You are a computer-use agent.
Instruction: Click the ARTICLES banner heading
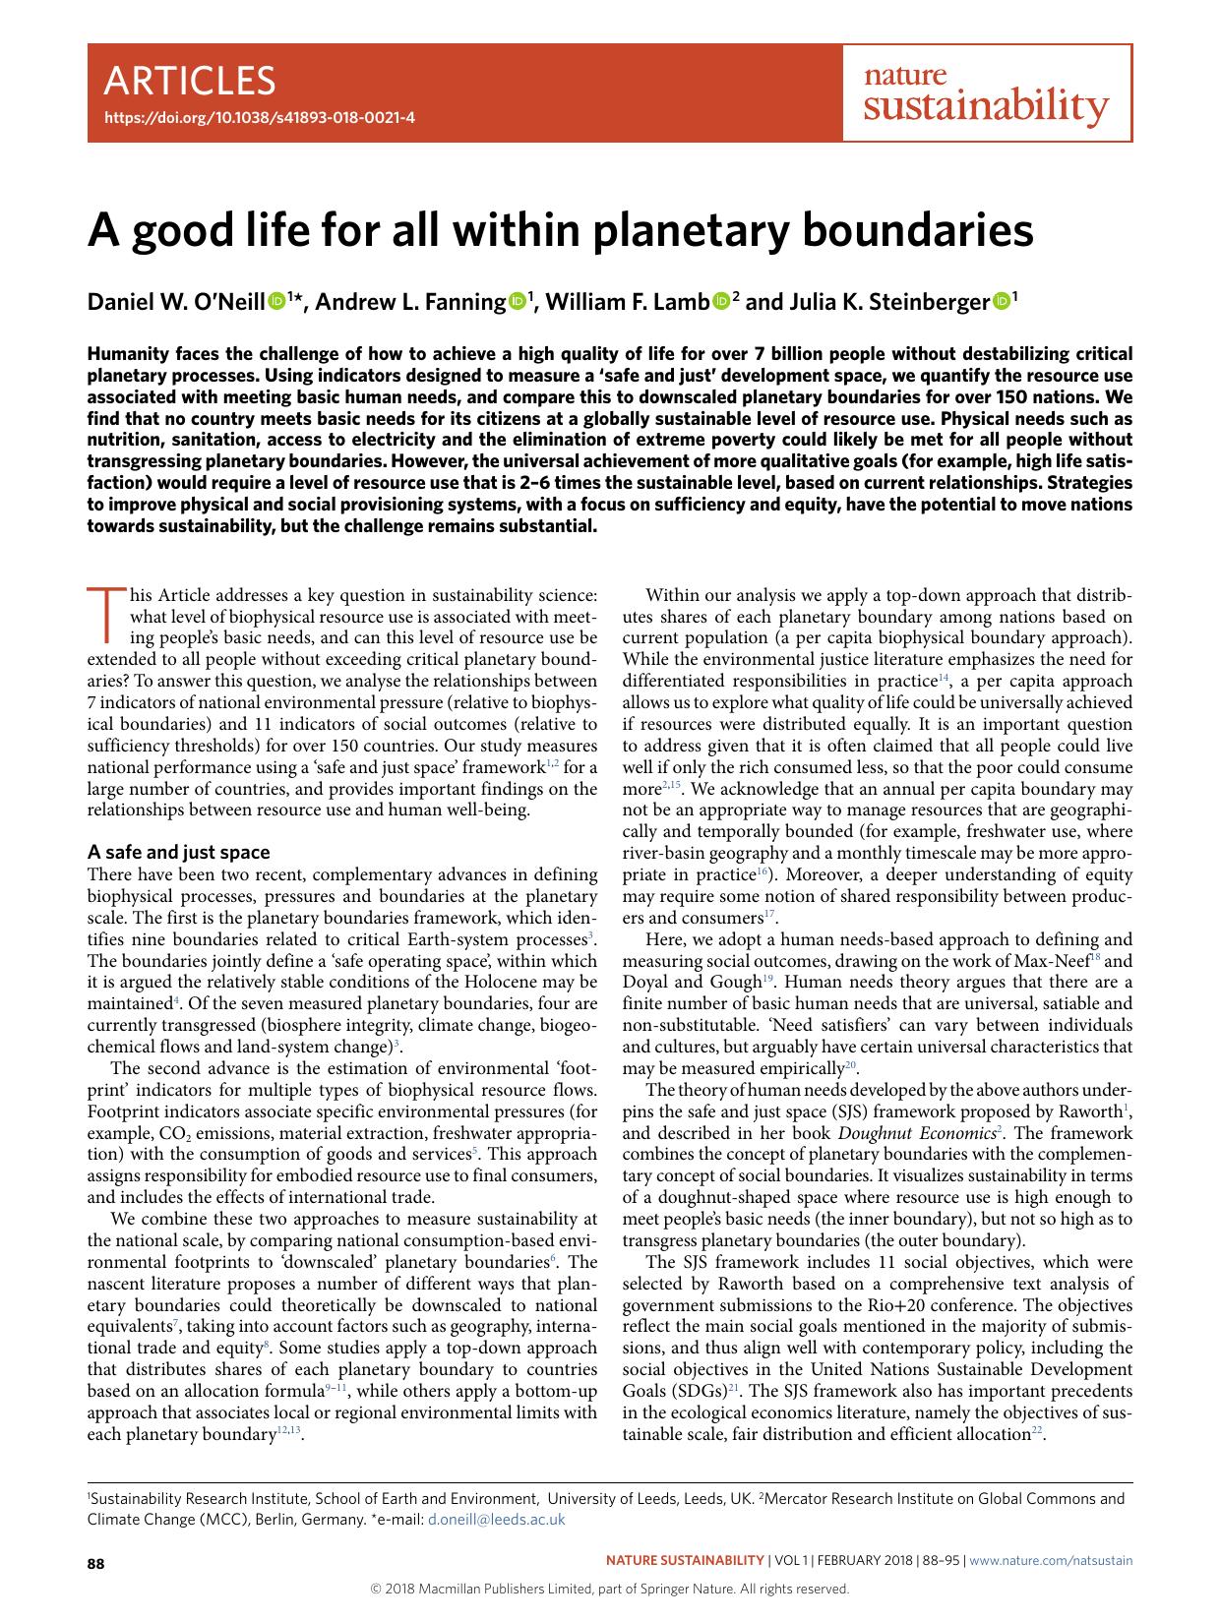tap(190, 80)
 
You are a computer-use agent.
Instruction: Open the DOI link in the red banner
tap(259, 117)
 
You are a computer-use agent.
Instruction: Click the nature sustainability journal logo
tap(985, 94)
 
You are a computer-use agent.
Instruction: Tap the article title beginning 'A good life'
tap(561, 230)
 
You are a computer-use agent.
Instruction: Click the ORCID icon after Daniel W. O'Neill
tap(276, 302)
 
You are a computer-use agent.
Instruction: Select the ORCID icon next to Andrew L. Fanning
tap(518, 302)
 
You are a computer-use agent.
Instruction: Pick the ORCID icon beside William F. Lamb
tap(721, 302)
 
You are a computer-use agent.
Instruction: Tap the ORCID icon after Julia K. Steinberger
tap(1001, 302)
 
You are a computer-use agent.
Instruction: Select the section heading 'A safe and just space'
tap(179, 852)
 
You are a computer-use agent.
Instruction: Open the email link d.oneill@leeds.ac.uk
tap(497, 1519)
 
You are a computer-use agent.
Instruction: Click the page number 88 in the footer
tap(96, 1563)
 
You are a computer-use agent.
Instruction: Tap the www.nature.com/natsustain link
tap(1052, 1560)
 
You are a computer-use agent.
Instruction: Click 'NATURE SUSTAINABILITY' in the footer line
tap(684, 1560)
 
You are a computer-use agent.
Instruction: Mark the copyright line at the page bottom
tap(609, 1589)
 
